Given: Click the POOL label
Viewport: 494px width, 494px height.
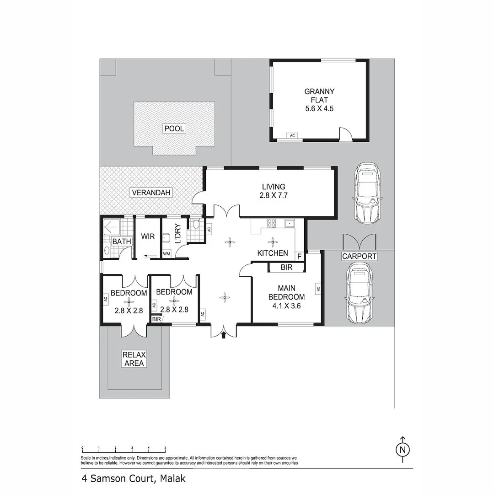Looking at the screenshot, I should (174, 129).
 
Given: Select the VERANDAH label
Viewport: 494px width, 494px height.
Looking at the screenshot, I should (151, 193).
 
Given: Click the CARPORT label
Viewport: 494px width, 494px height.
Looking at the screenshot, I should (359, 256).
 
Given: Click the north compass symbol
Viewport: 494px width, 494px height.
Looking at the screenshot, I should (403, 449).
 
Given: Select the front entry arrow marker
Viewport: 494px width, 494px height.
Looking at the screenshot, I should (224, 335).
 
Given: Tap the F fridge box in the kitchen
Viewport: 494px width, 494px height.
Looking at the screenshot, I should (300, 256).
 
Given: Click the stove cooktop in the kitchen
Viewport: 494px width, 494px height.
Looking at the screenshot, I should (271, 224).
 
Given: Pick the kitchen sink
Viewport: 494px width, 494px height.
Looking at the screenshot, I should (289, 223).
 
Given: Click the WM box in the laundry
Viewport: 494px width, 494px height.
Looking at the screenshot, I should (166, 253).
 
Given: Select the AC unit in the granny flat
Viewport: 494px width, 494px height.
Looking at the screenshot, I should (291, 135).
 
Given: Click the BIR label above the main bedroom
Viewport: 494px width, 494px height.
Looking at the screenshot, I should (286, 267).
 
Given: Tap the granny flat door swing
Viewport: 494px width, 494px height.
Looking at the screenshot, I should (345, 134).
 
